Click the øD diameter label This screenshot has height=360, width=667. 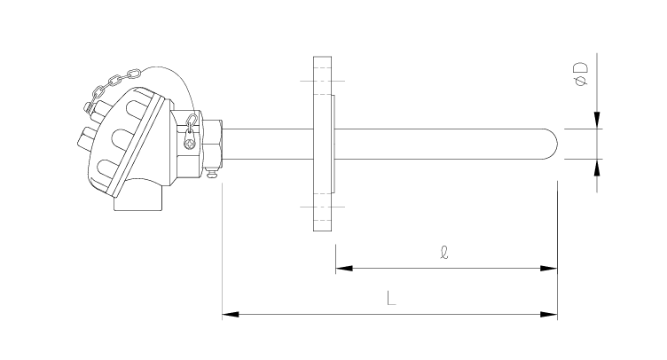(x=581, y=74)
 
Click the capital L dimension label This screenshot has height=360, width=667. (x=391, y=298)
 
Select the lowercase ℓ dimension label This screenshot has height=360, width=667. (x=444, y=252)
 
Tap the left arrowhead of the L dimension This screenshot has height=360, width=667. (x=230, y=315)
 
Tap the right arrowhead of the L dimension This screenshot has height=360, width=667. (x=549, y=315)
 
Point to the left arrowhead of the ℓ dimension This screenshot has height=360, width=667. (x=344, y=268)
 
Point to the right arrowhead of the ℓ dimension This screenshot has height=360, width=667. (x=549, y=268)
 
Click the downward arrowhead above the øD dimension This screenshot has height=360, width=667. (x=597, y=120)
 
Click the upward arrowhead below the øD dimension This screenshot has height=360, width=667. (x=597, y=168)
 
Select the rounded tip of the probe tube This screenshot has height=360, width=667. (x=553, y=144)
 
